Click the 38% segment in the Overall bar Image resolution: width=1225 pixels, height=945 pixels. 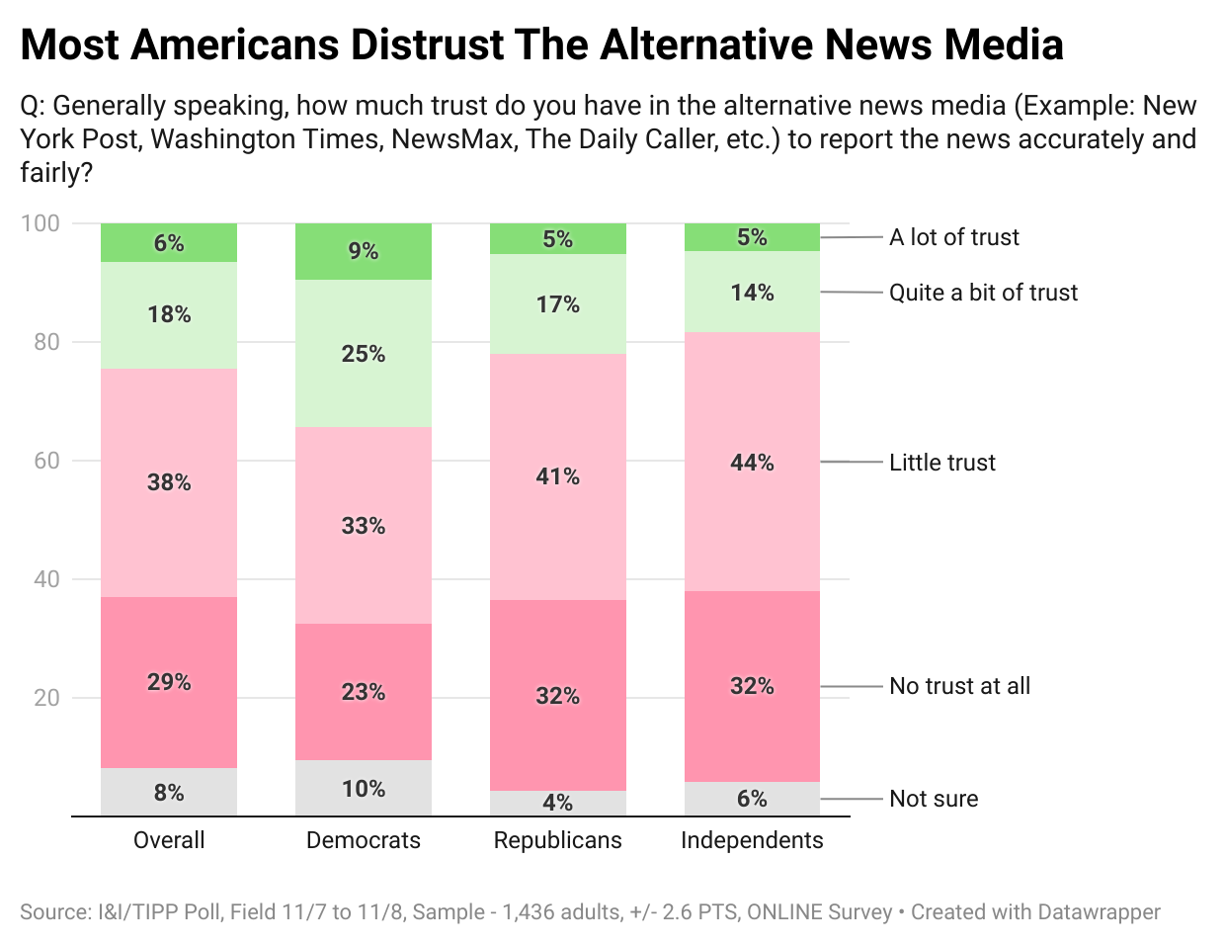pyautogui.click(x=169, y=482)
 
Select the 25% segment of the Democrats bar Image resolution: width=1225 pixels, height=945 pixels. pyautogui.click(x=364, y=354)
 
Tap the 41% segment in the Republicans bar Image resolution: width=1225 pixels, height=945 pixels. pyautogui.click(x=558, y=476)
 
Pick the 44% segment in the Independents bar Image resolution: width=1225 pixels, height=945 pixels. pyautogui.click(x=752, y=463)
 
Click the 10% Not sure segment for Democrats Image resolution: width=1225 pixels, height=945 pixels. pyautogui.click(x=364, y=788)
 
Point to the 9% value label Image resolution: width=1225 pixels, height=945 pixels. pyautogui.click(x=364, y=251)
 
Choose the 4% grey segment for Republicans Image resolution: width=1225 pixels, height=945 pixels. pyautogui.click(x=558, y=803)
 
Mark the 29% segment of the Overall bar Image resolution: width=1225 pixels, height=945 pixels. pyautogui.click(x=169, y=682)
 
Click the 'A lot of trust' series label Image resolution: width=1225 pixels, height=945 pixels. pyautogui.click(x=953, y=237)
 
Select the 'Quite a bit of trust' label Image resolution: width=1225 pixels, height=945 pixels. pyautogui.click(x=983, y=293)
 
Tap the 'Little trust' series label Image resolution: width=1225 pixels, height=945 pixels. pyautogui.click(x=941, y=463)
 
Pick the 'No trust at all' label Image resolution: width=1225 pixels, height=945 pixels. pyautogui.click(x=959, y=686)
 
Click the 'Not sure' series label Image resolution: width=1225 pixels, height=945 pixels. pyautogui.click(x=934, y=799)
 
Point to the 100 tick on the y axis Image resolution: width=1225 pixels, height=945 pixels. pyautogui.click(x=41, y=223)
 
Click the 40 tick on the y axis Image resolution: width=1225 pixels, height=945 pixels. pyautogui.click(x=46, y=579)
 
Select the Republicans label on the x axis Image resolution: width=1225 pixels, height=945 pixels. pyautogui.click(x=558, y=840)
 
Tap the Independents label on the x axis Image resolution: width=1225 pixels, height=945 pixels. pyautogui.click(x=752, y=840)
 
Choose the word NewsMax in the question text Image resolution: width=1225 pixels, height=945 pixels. pyautogui.click(x=452, y=139)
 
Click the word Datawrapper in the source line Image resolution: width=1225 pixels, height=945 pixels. pyautogui.click(x=1099, y=912)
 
